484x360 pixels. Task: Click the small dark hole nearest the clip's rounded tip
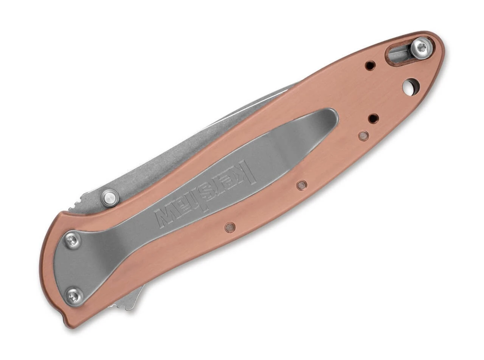[x=374, y=119]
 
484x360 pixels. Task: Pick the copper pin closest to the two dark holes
[x=363, y=136]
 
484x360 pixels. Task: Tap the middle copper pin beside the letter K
[x=302, y=185]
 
